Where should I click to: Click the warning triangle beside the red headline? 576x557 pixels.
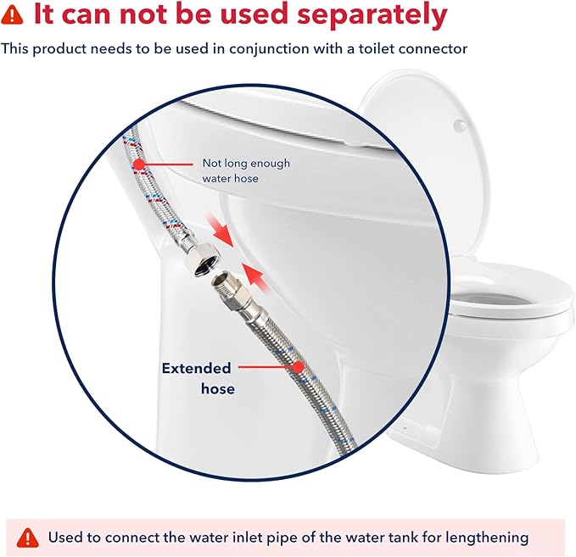pyautogui.click(x=12, y=15)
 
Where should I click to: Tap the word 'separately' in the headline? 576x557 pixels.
pyautogui.click(x=372, y=15)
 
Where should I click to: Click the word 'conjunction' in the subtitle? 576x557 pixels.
pyautogui.click(x=269, y=49)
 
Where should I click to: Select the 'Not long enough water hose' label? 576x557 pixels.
pyautogui.click(x=246, y=170)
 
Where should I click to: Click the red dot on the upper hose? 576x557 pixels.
pyautogui.click(x=139, y=164)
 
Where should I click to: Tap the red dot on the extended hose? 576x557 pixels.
pyautogui.click(x=299, y=366)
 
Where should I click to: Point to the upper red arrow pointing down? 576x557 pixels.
pyautogui.click(x=220, y=231)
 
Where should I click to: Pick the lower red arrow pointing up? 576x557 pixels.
pyautogui.click(x=257, y=277)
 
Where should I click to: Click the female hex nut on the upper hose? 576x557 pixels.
pyautogui.click(x=202, y=259)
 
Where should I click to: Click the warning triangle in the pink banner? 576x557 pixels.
pyautogui.click(x=28, y=538)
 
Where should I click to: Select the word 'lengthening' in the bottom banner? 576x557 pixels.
pyautogui.click(x=487, y=538)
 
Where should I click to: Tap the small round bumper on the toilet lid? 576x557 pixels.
pyautogui.click(x=460, y=125)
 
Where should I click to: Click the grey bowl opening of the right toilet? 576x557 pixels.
pyautogui.click(x=494, y=300)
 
